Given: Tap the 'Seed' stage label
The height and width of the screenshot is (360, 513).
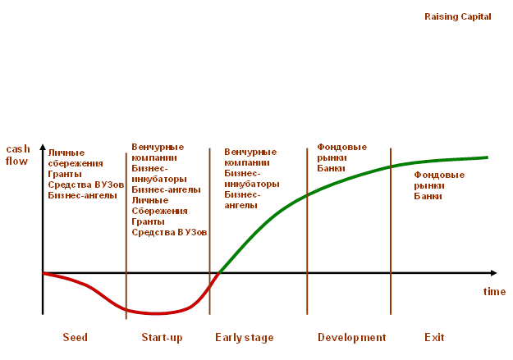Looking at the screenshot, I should [75, 338].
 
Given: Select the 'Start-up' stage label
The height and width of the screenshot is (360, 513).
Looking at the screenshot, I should [162, 338].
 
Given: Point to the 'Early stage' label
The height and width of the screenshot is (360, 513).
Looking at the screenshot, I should [245, 338].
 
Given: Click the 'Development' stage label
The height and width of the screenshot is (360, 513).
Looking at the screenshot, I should [351, 338].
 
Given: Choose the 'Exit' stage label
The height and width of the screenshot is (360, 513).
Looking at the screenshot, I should [434, 338].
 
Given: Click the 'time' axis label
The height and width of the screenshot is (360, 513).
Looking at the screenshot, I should [494, 292].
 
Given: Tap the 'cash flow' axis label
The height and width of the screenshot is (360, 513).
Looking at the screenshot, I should [17, 155].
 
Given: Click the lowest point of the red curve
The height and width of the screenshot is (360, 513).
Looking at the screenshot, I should [153, 313].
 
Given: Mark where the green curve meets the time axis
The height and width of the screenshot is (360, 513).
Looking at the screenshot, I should [219, 272].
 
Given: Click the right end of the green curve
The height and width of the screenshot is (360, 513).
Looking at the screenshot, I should [488, 157].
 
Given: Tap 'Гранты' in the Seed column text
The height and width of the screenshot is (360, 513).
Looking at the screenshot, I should [64, 174].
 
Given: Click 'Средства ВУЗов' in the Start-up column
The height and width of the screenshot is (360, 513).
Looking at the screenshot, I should [169, 232].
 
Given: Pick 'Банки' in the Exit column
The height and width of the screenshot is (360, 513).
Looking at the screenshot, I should [428, 196].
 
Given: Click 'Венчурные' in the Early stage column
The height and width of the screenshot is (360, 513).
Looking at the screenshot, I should [250, 153].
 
